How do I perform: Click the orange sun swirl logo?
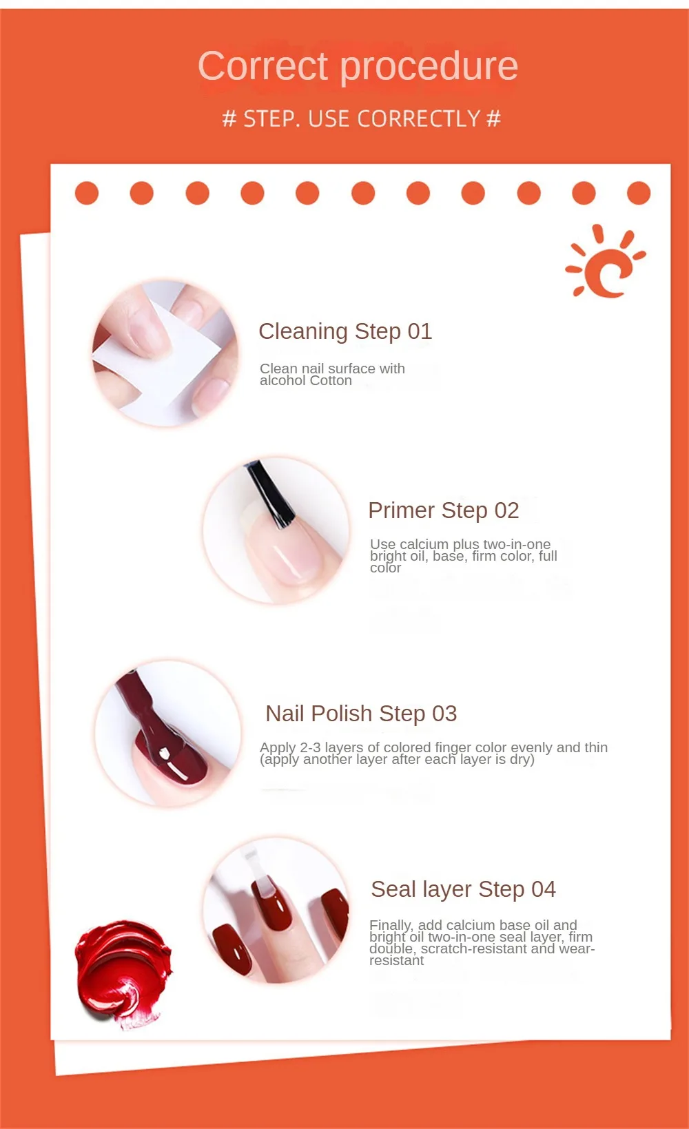[x=605, y=262]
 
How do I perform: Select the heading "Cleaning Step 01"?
[x=345, y=331]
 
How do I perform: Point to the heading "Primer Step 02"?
[x=444, y=510]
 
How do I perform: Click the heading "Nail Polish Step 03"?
[x=361, y=713]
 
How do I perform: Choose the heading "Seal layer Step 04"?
[x=463, y=889]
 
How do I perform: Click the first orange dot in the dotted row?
[x=87, y=193]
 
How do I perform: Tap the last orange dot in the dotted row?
[x=639, y=193]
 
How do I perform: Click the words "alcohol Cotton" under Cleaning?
[x=306, y=380]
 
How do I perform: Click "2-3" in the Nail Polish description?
[x=310, y=747]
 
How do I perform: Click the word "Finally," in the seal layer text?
[x=391, y=925]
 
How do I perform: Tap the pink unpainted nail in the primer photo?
[x=285, y=550]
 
